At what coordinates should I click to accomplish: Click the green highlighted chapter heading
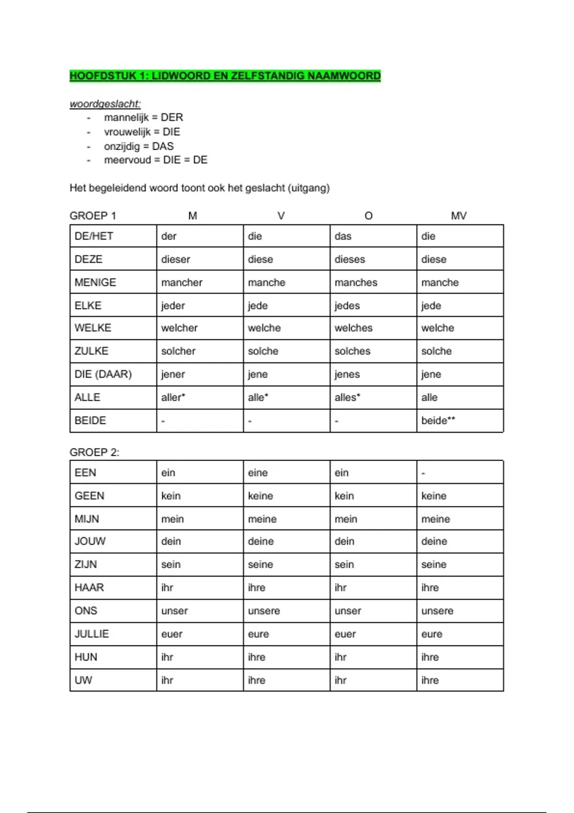pos(225,76)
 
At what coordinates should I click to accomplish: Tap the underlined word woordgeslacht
pos(105,104)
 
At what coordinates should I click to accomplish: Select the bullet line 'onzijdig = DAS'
pos(139,146)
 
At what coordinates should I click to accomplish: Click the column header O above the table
pos(368,216)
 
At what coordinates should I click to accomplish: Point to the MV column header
pos(458,216)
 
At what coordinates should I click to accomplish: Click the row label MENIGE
pos(95,283)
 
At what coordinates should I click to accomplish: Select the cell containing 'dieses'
pos(350,259)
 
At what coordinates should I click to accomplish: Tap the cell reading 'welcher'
pos(179,328)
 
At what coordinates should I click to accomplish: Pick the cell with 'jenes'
pos(347,374)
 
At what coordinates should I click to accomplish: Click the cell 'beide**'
pos(438,421)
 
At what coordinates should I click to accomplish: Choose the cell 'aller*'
pos(173,397)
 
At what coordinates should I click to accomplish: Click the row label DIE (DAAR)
pos(103,374)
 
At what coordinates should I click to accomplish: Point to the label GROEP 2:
pos(94,452)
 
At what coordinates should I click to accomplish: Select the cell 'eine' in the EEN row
pos(258,473)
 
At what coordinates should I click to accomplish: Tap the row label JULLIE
pos(92,634)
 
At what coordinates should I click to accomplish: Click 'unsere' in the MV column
pos(437,611)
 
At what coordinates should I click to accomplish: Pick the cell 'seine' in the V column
pos(260,565)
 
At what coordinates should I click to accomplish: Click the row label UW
pos(83,681)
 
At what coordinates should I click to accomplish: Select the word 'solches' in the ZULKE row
pos(353,351)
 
